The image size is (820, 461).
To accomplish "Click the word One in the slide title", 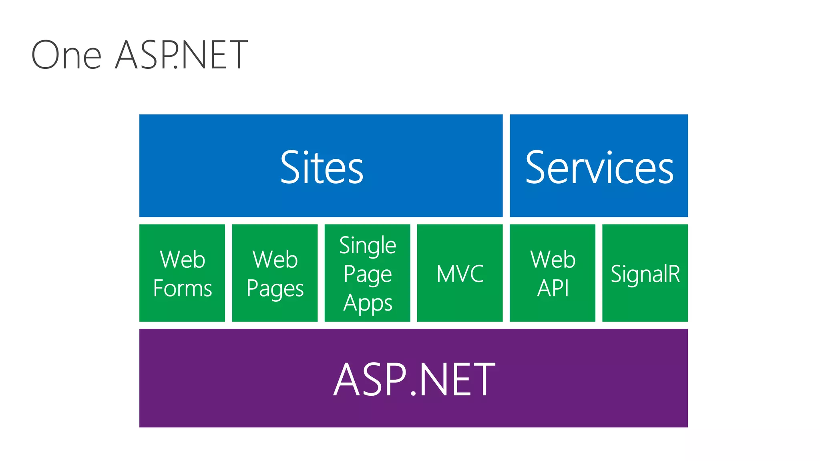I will tap(66, 55).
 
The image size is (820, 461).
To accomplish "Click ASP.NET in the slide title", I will tap(181, 55).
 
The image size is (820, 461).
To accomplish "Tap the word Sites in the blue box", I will tap(322, 167).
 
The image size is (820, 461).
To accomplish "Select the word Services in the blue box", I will tap(599, 167).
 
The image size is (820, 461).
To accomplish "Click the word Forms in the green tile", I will tap(183, 288).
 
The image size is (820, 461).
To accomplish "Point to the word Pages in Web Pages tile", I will tap(275, 289).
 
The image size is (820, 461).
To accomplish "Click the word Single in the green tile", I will tap(368, 245).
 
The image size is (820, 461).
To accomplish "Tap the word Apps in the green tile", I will tap(368, 303).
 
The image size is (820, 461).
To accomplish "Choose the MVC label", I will tap(460, 274).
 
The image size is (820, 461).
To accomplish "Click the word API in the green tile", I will tap(553, 288).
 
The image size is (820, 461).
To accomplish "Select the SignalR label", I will tap(645, 274).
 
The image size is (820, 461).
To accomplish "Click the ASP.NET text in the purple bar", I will tap(414, 379).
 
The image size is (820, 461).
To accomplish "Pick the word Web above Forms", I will tap(183, 259).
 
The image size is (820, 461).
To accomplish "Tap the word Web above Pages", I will tap(275, 259).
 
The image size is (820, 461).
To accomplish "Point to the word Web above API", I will tap(553, 259).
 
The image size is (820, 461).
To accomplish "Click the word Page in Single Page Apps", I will tap(368, 275).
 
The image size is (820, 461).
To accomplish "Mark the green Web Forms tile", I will tap(182, 312).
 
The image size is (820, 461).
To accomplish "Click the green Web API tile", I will tap(553, 312).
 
